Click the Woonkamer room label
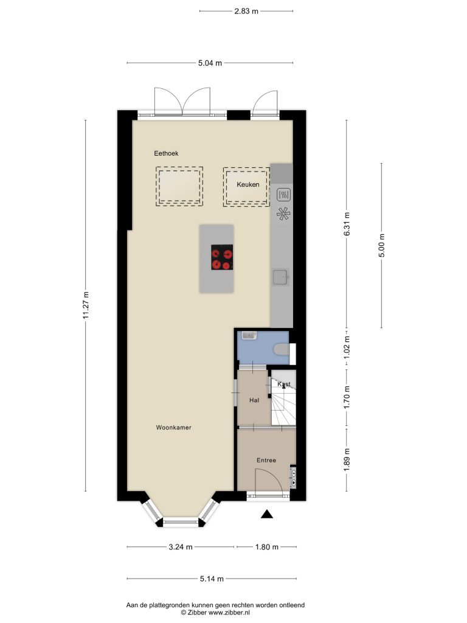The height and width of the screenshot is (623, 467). click(173, 428)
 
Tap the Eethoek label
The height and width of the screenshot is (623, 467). click(166, 153)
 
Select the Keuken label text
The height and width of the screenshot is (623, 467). click(248, 184)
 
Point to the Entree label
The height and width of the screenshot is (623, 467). click(266, 460)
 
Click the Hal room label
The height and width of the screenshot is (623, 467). click(254, 400)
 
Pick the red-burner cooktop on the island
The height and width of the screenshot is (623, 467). click(222, 257)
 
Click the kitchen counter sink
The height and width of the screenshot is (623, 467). click(281, 277)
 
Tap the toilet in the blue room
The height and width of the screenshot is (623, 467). click(282, 349)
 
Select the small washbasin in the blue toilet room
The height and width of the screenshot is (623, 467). click(249, 335)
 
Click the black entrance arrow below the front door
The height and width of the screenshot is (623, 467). click(267, 514)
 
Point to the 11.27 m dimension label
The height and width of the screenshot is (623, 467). click(85, 305)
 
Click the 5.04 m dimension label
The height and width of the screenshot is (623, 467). click(210, 63)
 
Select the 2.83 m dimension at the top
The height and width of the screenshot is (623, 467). click(246, 11)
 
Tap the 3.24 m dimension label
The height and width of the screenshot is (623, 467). click(181, 547)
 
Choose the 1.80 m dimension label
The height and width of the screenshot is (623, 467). click(267, 547)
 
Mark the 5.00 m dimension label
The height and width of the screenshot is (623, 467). click(382, 246)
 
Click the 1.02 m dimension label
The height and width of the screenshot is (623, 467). click(347, 347)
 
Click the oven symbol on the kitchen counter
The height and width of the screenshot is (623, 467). click(285, 195)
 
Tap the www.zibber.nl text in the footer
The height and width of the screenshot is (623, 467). click(229, 613)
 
